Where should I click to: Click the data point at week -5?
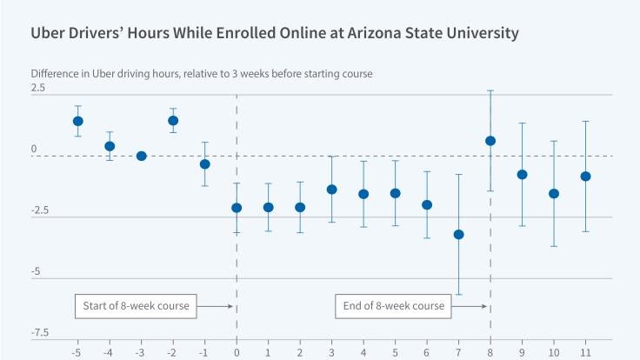click(x=77, y=121)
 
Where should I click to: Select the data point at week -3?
click(x=141, y=156)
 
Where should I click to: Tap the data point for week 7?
click(x=458, y=234)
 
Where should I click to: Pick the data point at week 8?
click(x=490, y=141)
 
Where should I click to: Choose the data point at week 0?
click(x=237, y=208)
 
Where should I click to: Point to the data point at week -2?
click(x=173, y=121)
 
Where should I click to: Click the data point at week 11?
click(x=585, y=177)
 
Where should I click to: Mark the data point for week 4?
click(x=363, y=194)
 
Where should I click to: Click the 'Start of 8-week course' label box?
click(x=137, y=306)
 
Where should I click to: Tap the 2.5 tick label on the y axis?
click(x=38, y=89)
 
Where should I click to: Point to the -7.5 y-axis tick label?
click(x=40, y=334)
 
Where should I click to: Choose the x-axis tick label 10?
click(x=553, y=351)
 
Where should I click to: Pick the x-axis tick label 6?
click(x=427, y=351)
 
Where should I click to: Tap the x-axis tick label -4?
click(x=109, y=351)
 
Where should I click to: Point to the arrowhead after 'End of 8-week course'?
click(x=483, y=306)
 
